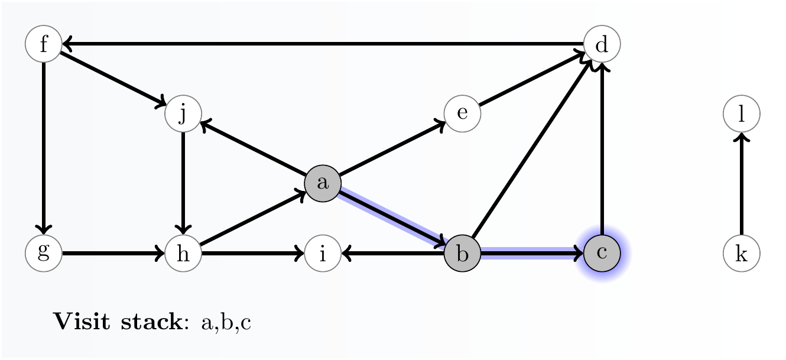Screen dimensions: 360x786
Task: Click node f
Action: (x=44, y=44)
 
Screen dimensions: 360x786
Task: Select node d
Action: (x=602, y=44)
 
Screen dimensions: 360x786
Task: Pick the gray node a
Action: (x=323, y=183)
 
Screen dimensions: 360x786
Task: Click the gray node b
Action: (x=462, y=254)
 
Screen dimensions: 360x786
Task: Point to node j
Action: (x=183, y=113)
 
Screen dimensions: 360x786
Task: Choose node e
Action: (x=462, y=113)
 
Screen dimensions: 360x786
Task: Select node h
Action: (x=183, y=254)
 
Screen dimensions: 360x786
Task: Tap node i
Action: (x=323, y=254)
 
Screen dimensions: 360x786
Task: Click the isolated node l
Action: (x=741, y=113)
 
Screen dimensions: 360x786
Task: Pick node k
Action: (x=741, y=254)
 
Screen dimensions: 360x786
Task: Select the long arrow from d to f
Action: (x=323, y=44)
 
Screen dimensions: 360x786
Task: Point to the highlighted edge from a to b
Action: (x=392, y=218)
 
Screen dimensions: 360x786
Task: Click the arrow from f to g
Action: (x=44, y=148)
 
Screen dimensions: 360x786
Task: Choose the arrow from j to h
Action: (x=183, y=183)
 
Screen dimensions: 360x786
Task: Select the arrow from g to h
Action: (x=112, y=254)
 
